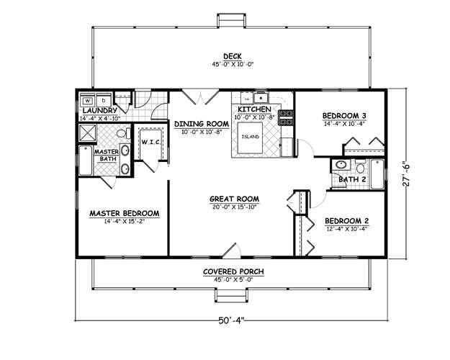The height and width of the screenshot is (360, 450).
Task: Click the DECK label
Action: coord(232,56)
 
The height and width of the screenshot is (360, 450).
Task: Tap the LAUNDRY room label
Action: coord(100,110)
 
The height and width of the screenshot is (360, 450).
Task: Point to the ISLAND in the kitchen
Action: coord(251,136)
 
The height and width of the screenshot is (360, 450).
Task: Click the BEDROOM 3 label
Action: coord(344,115)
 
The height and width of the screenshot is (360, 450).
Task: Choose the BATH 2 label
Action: coord(353,179)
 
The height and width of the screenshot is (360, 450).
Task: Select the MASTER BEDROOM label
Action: coord(124,213)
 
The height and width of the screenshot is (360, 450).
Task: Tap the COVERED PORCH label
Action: coord(232,271)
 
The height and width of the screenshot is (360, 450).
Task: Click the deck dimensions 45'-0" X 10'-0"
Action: coord(232,64)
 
